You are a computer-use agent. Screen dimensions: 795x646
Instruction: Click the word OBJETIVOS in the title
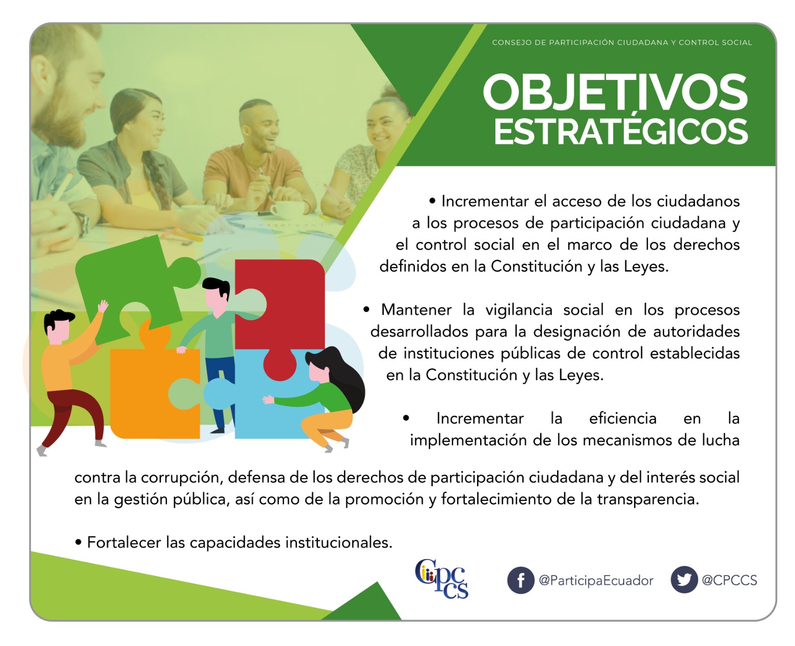coord(615,92)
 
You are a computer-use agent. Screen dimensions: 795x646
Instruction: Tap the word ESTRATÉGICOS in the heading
coord(620,131)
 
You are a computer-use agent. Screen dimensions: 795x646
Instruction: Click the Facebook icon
coord(520,580)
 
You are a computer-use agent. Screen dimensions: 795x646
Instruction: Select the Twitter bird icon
coord(684,579)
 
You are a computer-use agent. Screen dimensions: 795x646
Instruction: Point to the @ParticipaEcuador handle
coord(596,580)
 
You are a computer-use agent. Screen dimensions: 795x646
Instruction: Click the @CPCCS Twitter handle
coord(729,580)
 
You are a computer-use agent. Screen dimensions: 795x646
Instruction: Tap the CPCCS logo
coord(442,579)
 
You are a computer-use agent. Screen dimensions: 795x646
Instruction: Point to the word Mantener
coord(416,309)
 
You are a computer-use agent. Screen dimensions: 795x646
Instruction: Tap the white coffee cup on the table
coord(287,210)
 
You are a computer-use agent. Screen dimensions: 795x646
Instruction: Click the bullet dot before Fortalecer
coord(78,542)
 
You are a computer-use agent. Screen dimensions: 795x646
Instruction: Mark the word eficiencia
coord(623,418)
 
